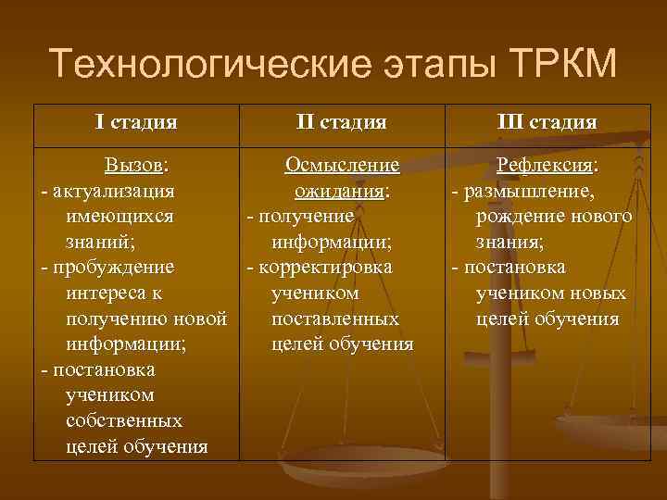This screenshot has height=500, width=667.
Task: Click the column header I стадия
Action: pos(136,121)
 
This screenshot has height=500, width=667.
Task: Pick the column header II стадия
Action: pos(341,121)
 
